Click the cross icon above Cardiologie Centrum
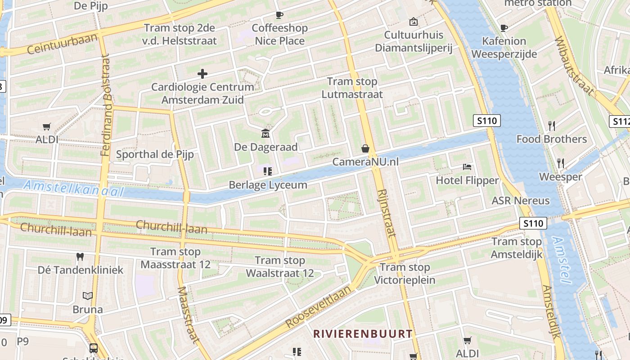tap(202, 73)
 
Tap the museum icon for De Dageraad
tap(265, 134)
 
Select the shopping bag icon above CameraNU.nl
tap(365, 148)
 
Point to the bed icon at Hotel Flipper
tap(467, 167)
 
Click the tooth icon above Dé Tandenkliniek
tap(81, 256)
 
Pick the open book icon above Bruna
tap(88, 296)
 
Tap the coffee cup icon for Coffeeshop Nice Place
tap(279, 15)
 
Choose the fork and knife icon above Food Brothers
tap(551, 126)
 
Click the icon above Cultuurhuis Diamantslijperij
tap(413, 21)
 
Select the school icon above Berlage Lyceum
tap(268, 171)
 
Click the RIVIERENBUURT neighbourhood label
tap(363, 334)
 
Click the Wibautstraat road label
tap(573, 66)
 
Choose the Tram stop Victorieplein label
tap(405, 274)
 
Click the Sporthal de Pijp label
tap(155, 154)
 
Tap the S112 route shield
tap(621, 121)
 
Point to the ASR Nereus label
tap(521, 201)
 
